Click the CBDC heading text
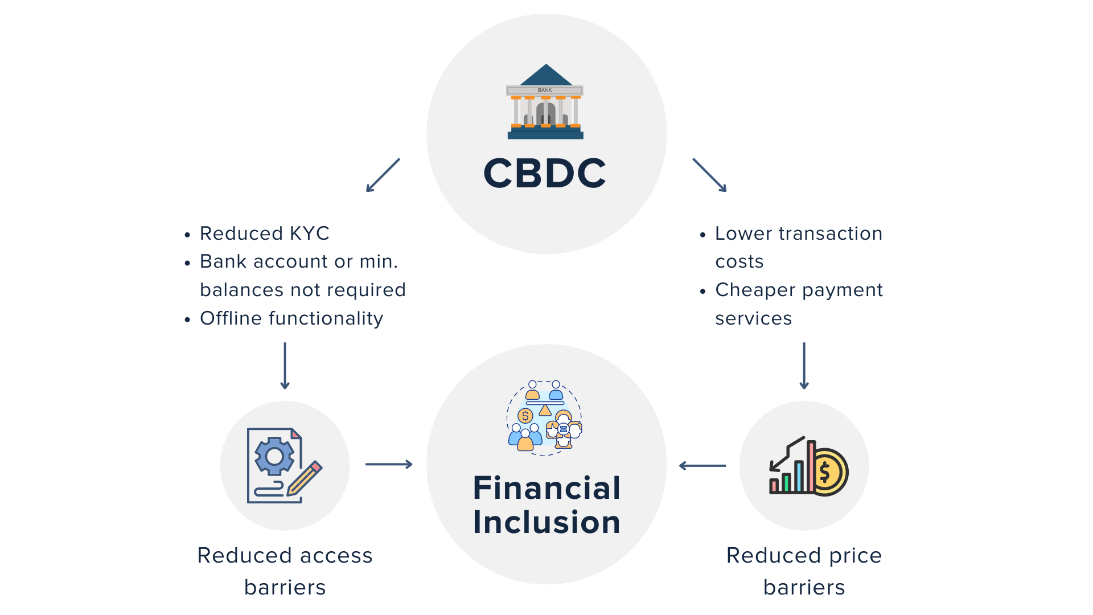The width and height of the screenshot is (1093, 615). coord(545,173)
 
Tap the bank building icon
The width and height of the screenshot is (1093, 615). coord(545,101)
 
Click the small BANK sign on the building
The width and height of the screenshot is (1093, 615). coord(545,90)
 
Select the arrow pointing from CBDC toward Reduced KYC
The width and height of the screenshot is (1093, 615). coord(383,175)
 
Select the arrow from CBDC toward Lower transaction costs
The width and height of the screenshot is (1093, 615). coord(710,175)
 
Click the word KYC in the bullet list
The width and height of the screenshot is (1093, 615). coord(310,233)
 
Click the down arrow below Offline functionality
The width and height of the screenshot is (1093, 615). coord(285,366)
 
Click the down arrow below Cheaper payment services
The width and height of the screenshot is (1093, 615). coord(804,366)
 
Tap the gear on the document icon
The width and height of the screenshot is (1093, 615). coord(274,456)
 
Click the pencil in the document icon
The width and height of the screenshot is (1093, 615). coord(305,478)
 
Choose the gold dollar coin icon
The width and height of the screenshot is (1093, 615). coord(828,472)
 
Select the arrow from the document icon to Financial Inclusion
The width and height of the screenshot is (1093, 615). coord(389,465)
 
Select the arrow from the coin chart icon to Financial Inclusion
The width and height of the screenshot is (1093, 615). coord(702,466)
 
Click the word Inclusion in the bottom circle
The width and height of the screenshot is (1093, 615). coord(546,522)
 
